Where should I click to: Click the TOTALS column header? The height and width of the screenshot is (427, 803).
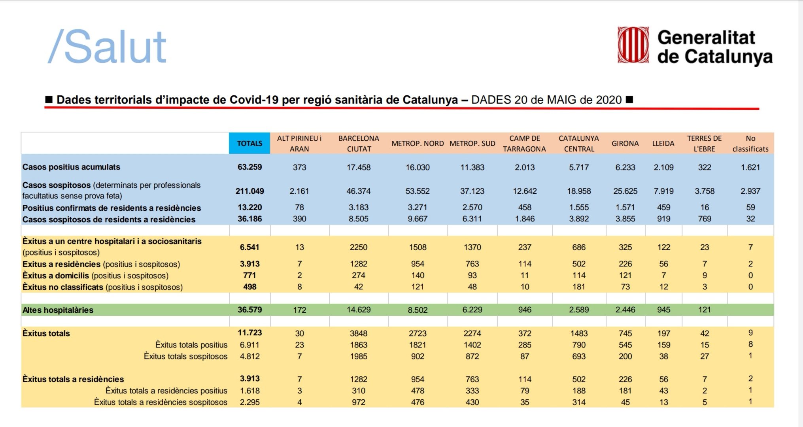coord(249,144)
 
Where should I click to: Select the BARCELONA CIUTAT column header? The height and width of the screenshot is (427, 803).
coord(359,144)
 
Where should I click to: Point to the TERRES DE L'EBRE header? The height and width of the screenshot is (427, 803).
coord(704,144)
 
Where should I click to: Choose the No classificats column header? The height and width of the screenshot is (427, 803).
coord(750,144)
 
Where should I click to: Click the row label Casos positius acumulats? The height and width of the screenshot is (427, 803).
coord(71,167)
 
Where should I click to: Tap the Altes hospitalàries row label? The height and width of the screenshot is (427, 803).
coord(58,310)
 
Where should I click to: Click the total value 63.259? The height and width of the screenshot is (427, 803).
coord(249,167)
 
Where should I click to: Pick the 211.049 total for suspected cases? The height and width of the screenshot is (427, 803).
coord(249,191)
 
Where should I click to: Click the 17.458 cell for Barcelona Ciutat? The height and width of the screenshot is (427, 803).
coord(359,167)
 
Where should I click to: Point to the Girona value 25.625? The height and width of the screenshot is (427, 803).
coord(625,191)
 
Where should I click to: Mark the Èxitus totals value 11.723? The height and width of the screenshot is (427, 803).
coord(249,333)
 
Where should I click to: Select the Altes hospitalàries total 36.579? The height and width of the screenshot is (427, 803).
coord(249,310)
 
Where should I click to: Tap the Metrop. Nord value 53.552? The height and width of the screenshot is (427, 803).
coord(418,191)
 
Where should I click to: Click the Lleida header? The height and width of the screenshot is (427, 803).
coord(663,144)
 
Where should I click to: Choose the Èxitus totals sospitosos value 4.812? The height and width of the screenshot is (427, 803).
coord(249,356)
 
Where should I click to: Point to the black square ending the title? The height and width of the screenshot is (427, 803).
coord(629,99)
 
